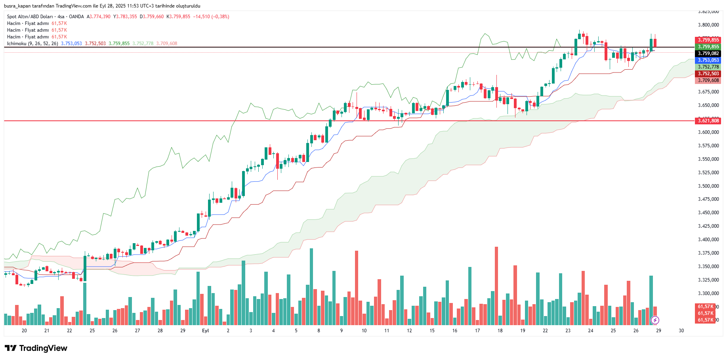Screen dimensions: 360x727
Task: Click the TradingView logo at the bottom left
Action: pos(36,348)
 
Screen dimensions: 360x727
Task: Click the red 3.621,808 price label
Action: pos(708,121)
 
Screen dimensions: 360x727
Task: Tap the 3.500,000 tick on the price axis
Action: pos(708,186)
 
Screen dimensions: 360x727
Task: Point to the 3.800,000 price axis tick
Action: pos(708,25)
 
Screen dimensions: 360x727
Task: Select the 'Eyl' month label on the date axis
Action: pos(205,331)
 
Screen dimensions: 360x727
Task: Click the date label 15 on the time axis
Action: pos(432,331)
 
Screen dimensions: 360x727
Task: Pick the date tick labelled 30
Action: pos(681,331)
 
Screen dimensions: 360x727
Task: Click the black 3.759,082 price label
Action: pos(708,53)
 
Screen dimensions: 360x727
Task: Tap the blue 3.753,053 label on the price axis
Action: pos(708,60)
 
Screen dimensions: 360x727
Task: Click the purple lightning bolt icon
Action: pos(655,320)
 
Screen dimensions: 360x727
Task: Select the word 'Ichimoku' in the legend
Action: pos(17,44)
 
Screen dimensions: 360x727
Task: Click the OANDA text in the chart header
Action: pos(76,17)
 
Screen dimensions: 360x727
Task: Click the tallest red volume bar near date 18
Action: pos(496,285)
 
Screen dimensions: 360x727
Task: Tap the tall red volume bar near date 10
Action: pos(357,287)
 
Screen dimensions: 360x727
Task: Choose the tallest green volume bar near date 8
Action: pos(311,286)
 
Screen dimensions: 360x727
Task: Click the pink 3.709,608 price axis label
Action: pos(708,80)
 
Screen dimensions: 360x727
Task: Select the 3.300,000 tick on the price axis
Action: pos(708,293)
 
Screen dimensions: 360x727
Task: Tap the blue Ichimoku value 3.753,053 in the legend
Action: pos(71,44)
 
